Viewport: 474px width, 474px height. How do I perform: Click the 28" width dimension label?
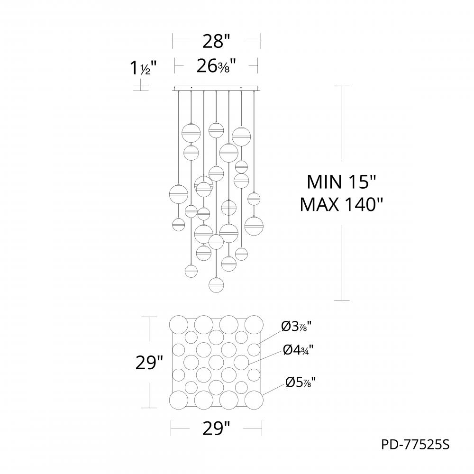coord(216,42)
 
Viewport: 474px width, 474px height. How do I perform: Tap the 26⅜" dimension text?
coord(216,67)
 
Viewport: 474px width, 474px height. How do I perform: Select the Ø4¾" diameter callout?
coord(299,350)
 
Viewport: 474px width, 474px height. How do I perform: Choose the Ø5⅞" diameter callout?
coord(301,382)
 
